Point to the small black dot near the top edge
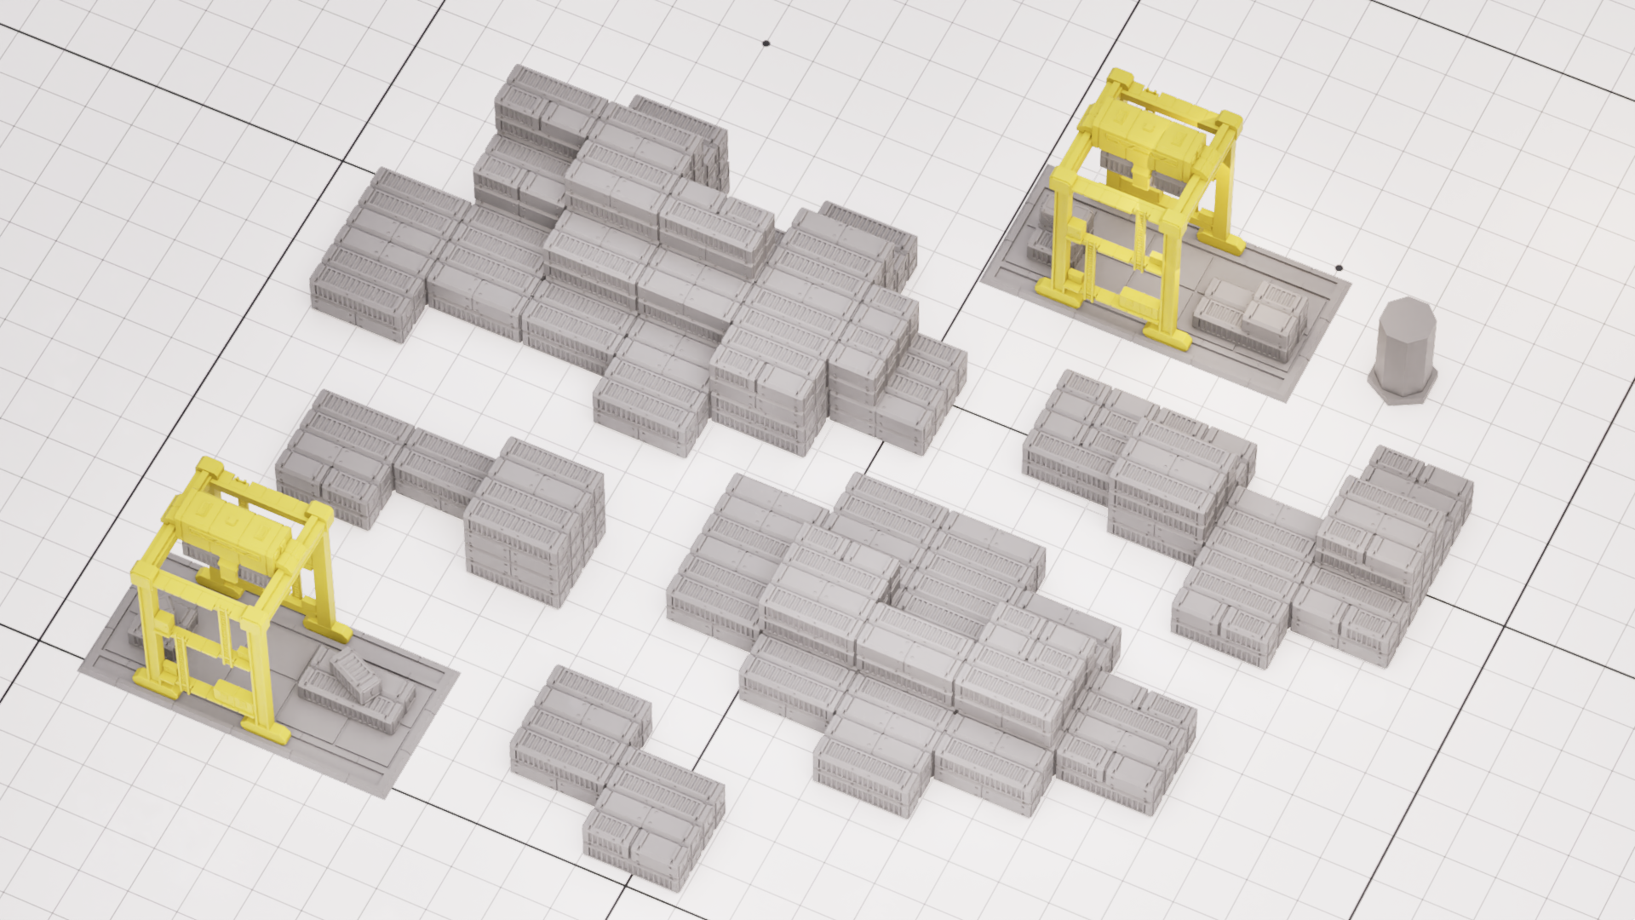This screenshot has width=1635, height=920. pyautogui.click(x=766, y=43)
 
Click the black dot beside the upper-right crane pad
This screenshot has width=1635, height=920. pyautogui.click(x=1340, y=267)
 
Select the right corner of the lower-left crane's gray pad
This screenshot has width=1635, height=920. pyautogui.click(x=457, y=673)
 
